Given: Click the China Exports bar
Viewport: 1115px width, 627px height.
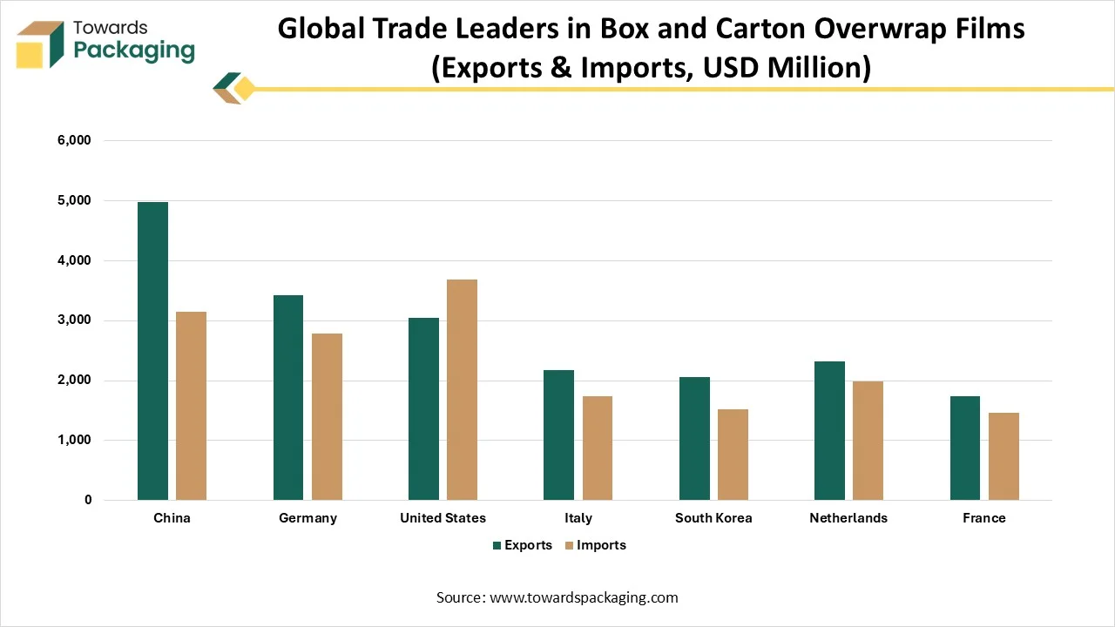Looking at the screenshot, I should coord(152,351).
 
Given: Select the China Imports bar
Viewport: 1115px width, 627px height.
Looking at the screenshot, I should coord(191,406).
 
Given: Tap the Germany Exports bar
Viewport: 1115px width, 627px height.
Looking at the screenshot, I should coord(288,397).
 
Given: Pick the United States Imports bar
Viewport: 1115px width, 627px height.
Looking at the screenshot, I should coord(462,389).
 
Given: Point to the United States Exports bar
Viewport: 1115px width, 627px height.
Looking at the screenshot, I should coord(423,408).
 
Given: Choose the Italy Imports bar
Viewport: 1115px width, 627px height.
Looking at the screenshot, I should coord(598,448).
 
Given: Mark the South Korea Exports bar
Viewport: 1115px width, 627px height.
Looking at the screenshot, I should coord(694,438).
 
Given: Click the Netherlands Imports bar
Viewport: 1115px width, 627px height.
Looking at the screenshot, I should coord(868,441).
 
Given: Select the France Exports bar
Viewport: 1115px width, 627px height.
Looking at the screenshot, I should coord(965,448).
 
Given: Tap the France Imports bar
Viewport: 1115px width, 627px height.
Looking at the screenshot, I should coord(1003,456).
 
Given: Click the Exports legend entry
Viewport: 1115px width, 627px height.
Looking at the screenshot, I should coord(522,545).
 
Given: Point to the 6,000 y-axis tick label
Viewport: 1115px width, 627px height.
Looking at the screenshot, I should coord(74,140).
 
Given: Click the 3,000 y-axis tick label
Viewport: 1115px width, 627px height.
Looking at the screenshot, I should coord(74,320).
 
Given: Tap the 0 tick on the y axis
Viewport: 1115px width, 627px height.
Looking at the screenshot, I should coord(88,500).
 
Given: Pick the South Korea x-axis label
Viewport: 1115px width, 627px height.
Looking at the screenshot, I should coord(713,518).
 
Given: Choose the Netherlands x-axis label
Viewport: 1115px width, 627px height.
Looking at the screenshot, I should coord(848,518).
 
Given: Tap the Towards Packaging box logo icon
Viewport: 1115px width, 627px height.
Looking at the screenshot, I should coord(40,44).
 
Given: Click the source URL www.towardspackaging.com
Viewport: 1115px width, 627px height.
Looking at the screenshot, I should coord(584,597).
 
